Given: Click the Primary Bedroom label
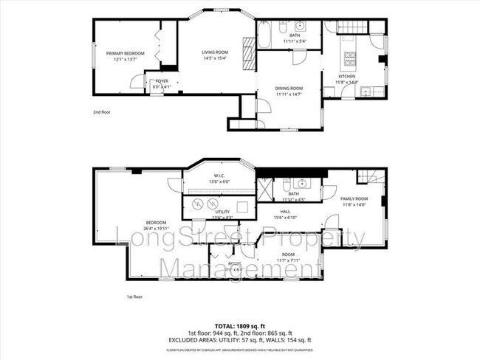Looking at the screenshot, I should pos(124,53).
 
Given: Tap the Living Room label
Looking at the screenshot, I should pos(216,52).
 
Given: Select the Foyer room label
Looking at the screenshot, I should pos(161,83).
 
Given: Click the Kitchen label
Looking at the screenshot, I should pos(347,76).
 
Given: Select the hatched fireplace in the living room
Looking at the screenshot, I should pos(250,54).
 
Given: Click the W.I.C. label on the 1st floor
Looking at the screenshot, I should pos(219,176).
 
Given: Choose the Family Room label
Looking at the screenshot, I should pos(354,198).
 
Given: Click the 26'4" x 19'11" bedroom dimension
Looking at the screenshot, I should pos(156,229).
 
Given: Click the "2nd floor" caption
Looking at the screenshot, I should pos(101,112).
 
